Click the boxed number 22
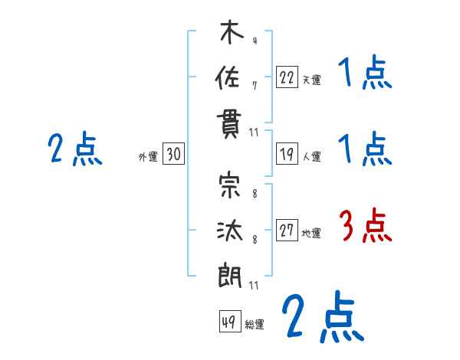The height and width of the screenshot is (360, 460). pyautogui.click(x=287, y=77)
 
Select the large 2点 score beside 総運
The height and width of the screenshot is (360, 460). pyautogui.click(x=322, y=316)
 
